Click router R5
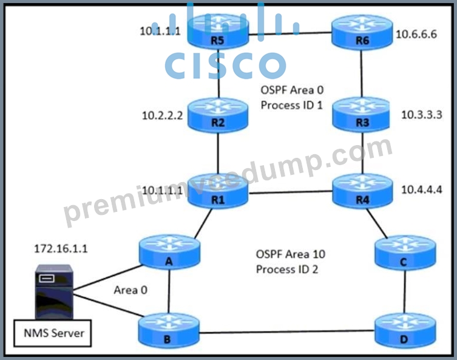coord(218,32)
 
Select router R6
coord(362,32)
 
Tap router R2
coord(218,115)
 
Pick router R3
coord(361,115)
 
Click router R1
coord(218,191)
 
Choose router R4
coord(362,191)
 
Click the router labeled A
coord(169,253)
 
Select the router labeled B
coord(169,331)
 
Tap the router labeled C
coord(405,253)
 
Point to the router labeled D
coord(405,331)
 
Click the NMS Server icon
coord(54,291)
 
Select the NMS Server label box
coord(52,333)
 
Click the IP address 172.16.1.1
coord(61,249)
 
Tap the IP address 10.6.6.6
coord(416,34)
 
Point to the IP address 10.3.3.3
coord(421,115)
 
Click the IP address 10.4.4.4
coord(421,189)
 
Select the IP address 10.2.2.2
coord(162,115)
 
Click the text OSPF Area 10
coord(290,254)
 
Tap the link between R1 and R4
coord(290,192)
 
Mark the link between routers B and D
coord(287,331)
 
